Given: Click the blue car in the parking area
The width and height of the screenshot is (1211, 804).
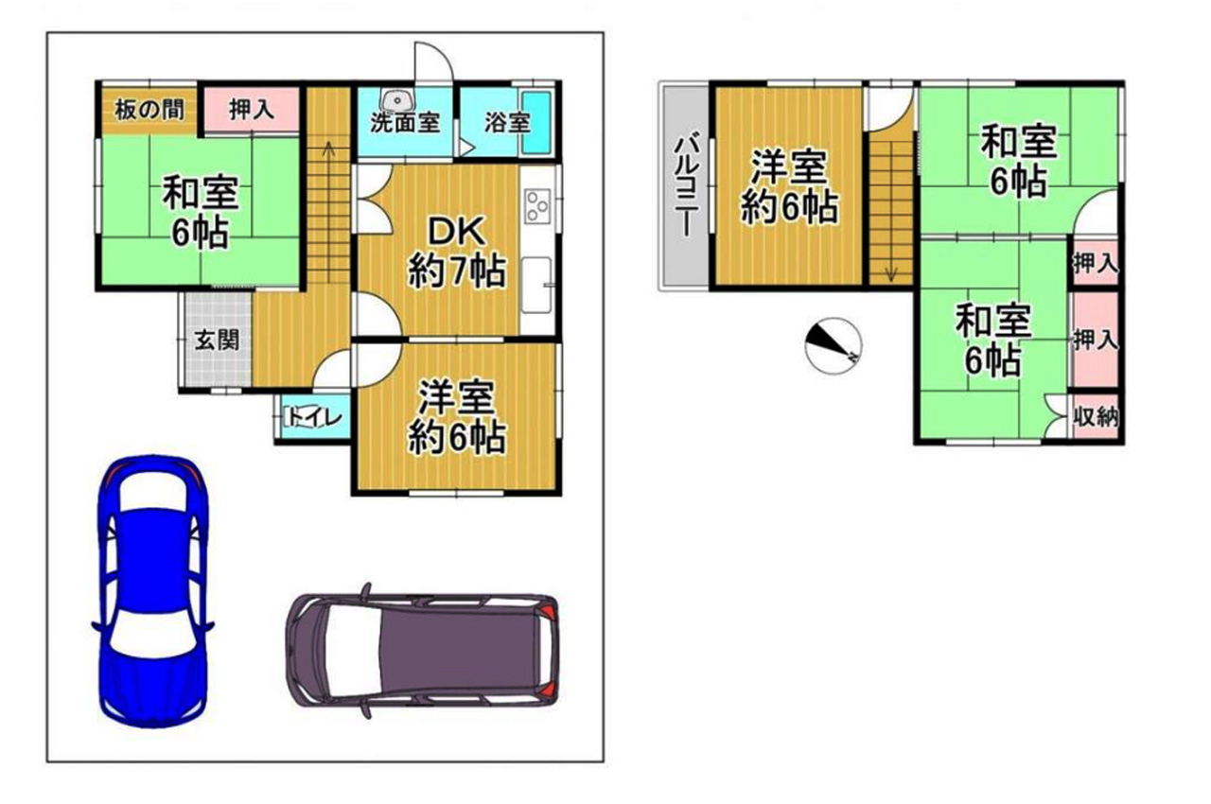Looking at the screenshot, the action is click(x=152, y=592).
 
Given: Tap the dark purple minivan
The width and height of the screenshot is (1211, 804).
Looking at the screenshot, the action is click(x=422, y=651).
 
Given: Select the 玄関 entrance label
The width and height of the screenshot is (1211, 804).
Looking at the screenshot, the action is click(x=217, y=341).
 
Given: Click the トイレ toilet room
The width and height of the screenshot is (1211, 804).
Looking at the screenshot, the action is click(x=313, y=418).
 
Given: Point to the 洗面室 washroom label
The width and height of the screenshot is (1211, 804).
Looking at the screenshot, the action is click(x=405, y=123).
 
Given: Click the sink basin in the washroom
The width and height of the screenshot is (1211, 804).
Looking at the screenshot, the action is click(x=397, y=100).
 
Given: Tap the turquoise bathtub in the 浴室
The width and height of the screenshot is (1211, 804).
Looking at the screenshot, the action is click(x=536, y=123).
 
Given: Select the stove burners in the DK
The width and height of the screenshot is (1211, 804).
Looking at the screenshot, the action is click(x=537, y=206).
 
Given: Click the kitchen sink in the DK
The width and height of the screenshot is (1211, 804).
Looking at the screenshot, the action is click(x=536, y=285).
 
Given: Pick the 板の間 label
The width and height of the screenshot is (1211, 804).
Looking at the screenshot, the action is click(x=149, y=110).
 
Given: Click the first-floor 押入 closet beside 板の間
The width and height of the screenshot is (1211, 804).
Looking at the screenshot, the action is click(x=252, y=109).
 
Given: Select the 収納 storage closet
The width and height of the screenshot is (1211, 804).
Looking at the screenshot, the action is click(x=1096, y=416).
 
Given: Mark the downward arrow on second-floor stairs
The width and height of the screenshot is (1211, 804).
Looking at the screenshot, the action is click(x=891, y=274).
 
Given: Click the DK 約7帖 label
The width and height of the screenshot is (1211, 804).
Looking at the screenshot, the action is click(x=457, y=253).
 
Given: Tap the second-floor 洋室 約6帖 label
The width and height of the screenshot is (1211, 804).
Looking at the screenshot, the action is click(x=790, y=187).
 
